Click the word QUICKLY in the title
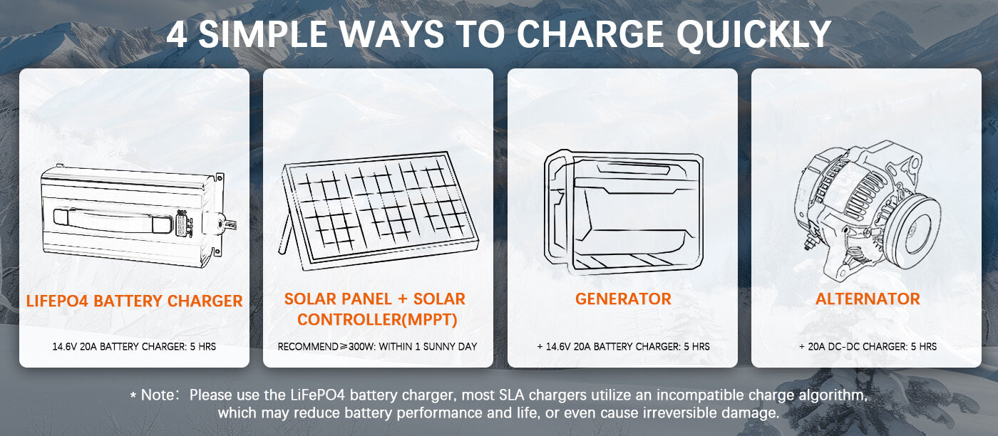753,34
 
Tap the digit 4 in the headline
177,34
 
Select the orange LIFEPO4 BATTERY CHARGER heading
134,301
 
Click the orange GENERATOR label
623,299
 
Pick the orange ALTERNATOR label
868,299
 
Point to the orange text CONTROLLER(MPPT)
377,319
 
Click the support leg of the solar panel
286,234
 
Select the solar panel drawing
379,212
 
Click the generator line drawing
623,212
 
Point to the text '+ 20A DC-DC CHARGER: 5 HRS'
868,346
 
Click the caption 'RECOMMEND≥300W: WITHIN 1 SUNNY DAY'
377,346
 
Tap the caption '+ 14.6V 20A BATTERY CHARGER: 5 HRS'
623,346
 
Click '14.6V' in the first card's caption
65,346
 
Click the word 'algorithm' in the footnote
833,395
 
